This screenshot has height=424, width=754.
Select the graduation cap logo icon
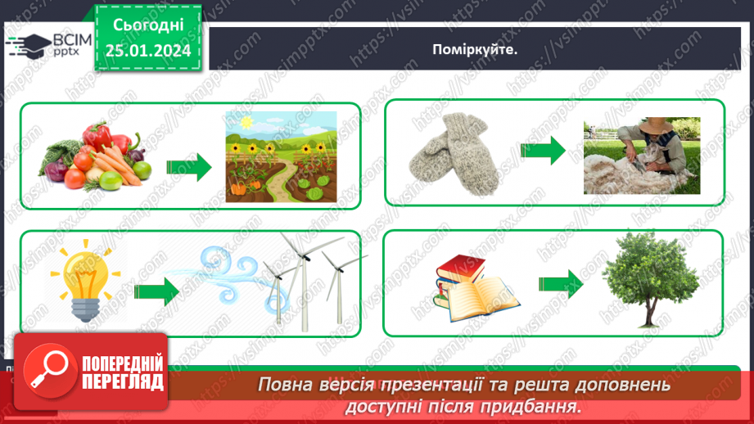29,45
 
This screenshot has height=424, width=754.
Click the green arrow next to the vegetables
188,167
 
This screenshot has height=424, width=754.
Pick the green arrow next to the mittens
542,150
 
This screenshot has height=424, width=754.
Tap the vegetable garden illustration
281,156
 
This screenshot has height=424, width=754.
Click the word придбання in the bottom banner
540,405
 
